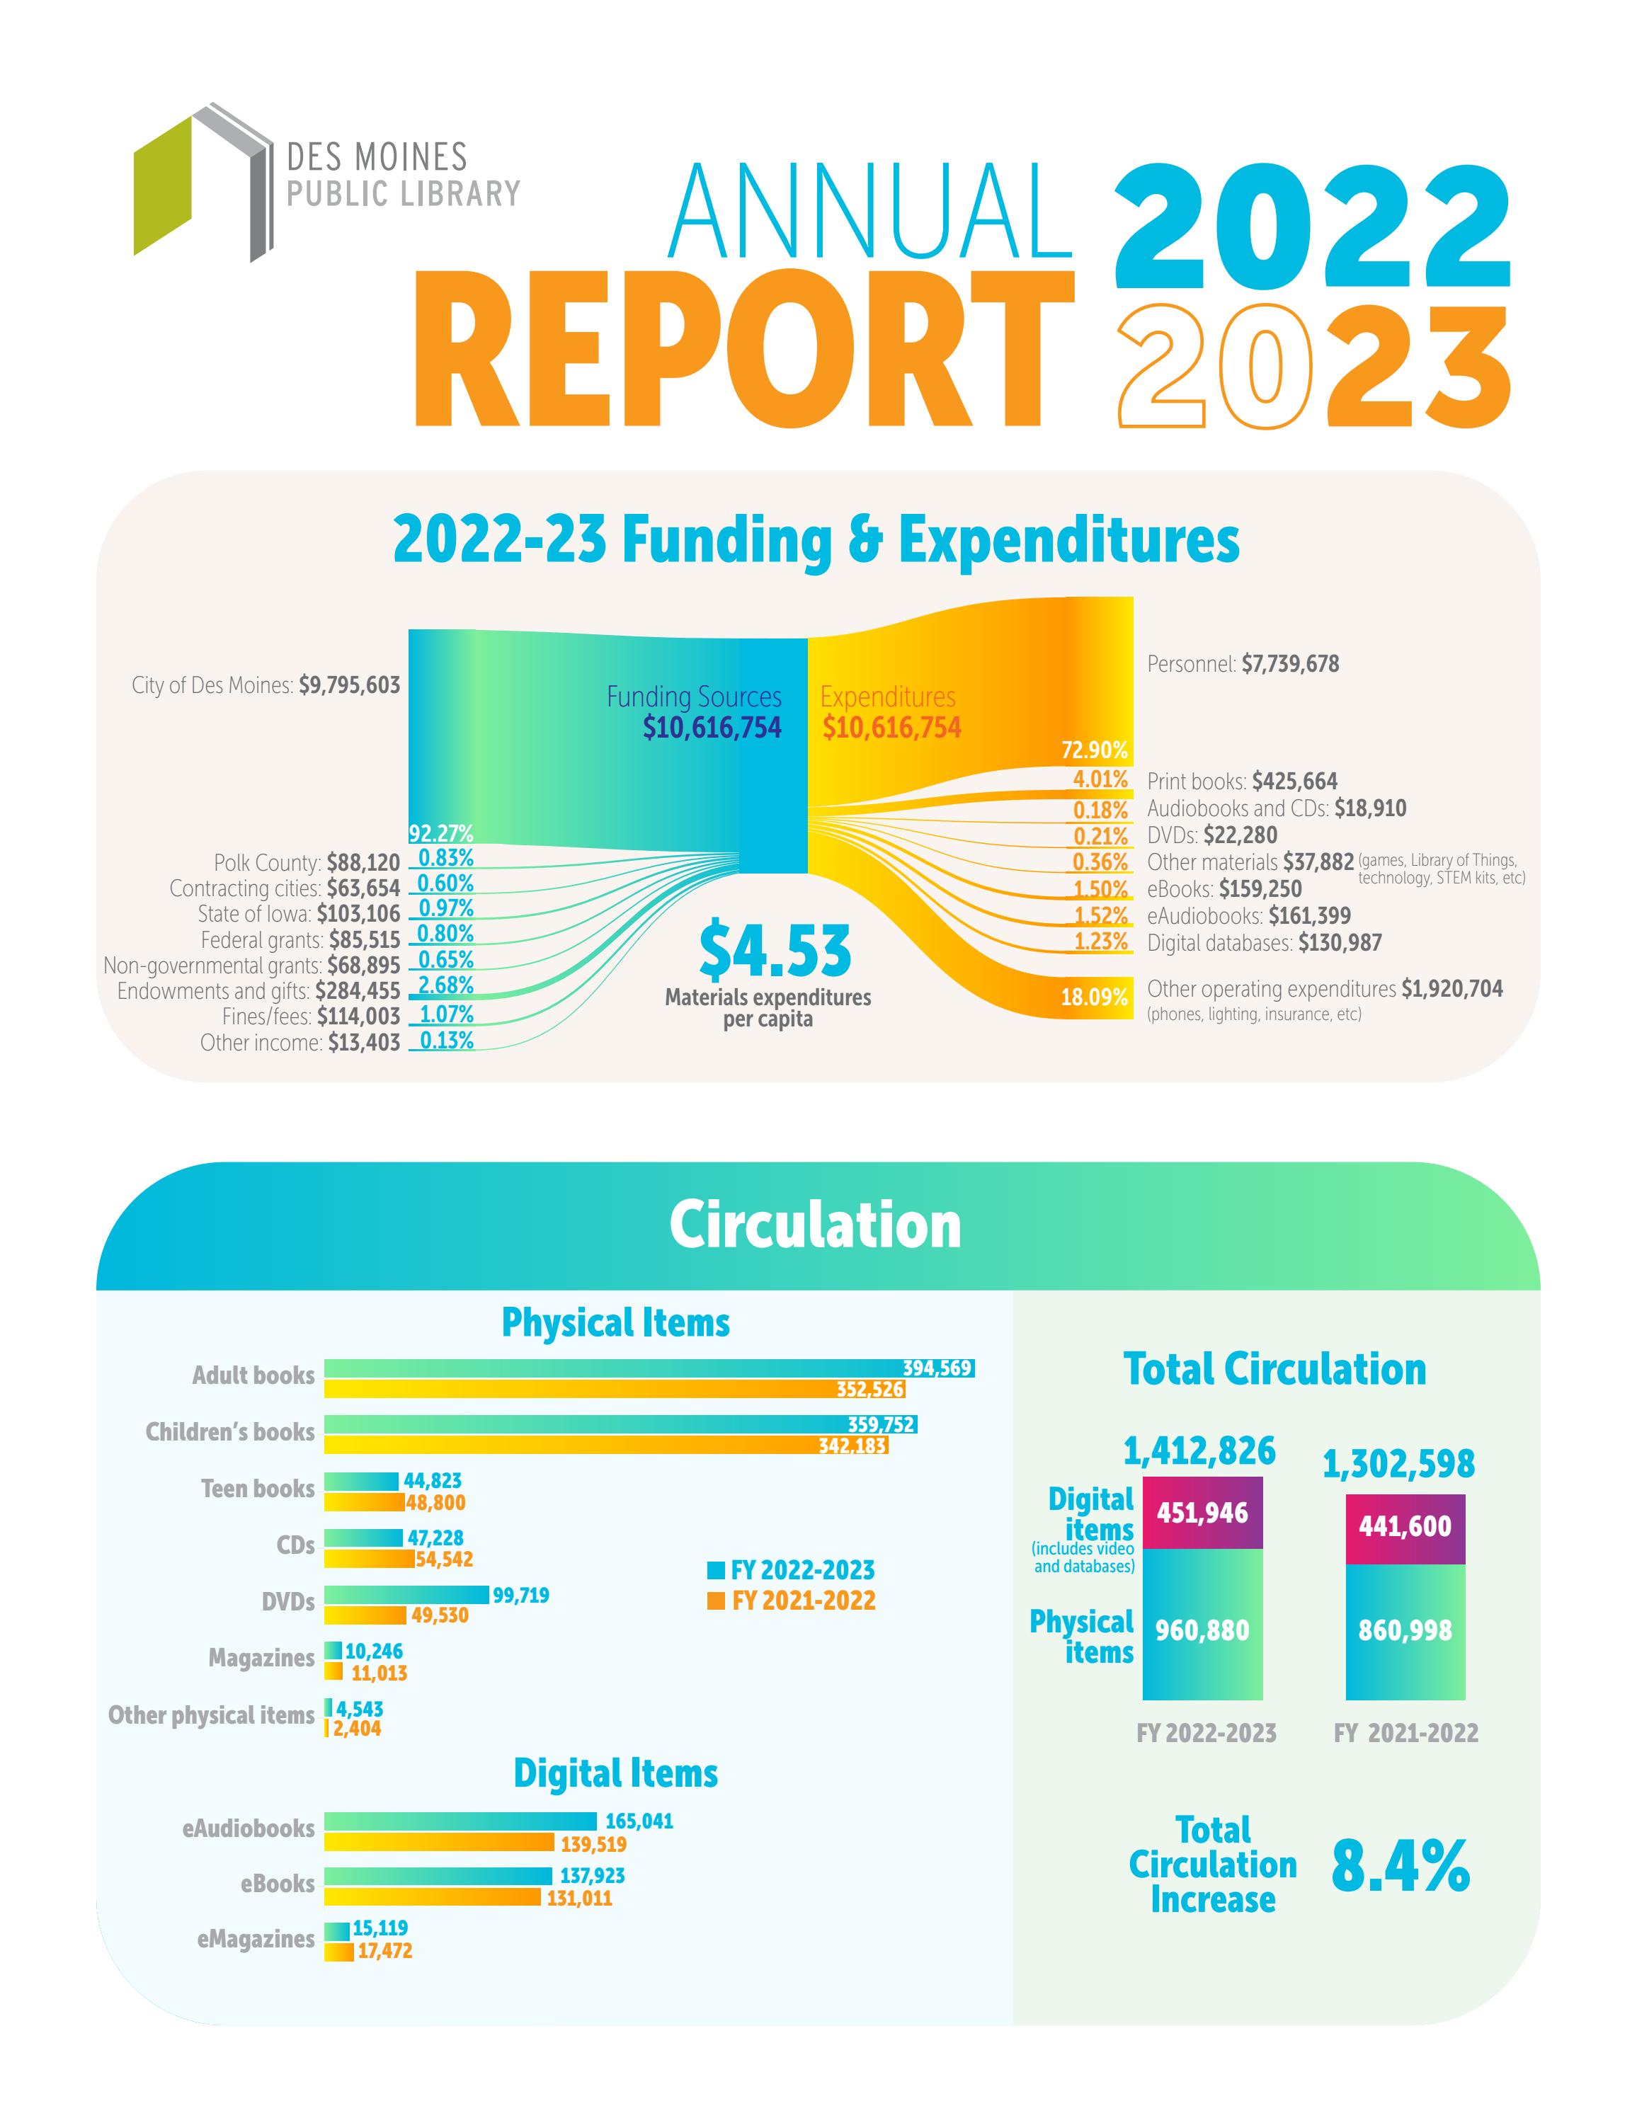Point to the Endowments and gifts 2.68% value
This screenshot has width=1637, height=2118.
[x=445, y=985]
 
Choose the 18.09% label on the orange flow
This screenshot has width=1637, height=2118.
[x=1094, y=997]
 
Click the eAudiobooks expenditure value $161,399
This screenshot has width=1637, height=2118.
[x=1309, y=915]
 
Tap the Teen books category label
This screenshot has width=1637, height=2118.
[x=257, y=1489]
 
